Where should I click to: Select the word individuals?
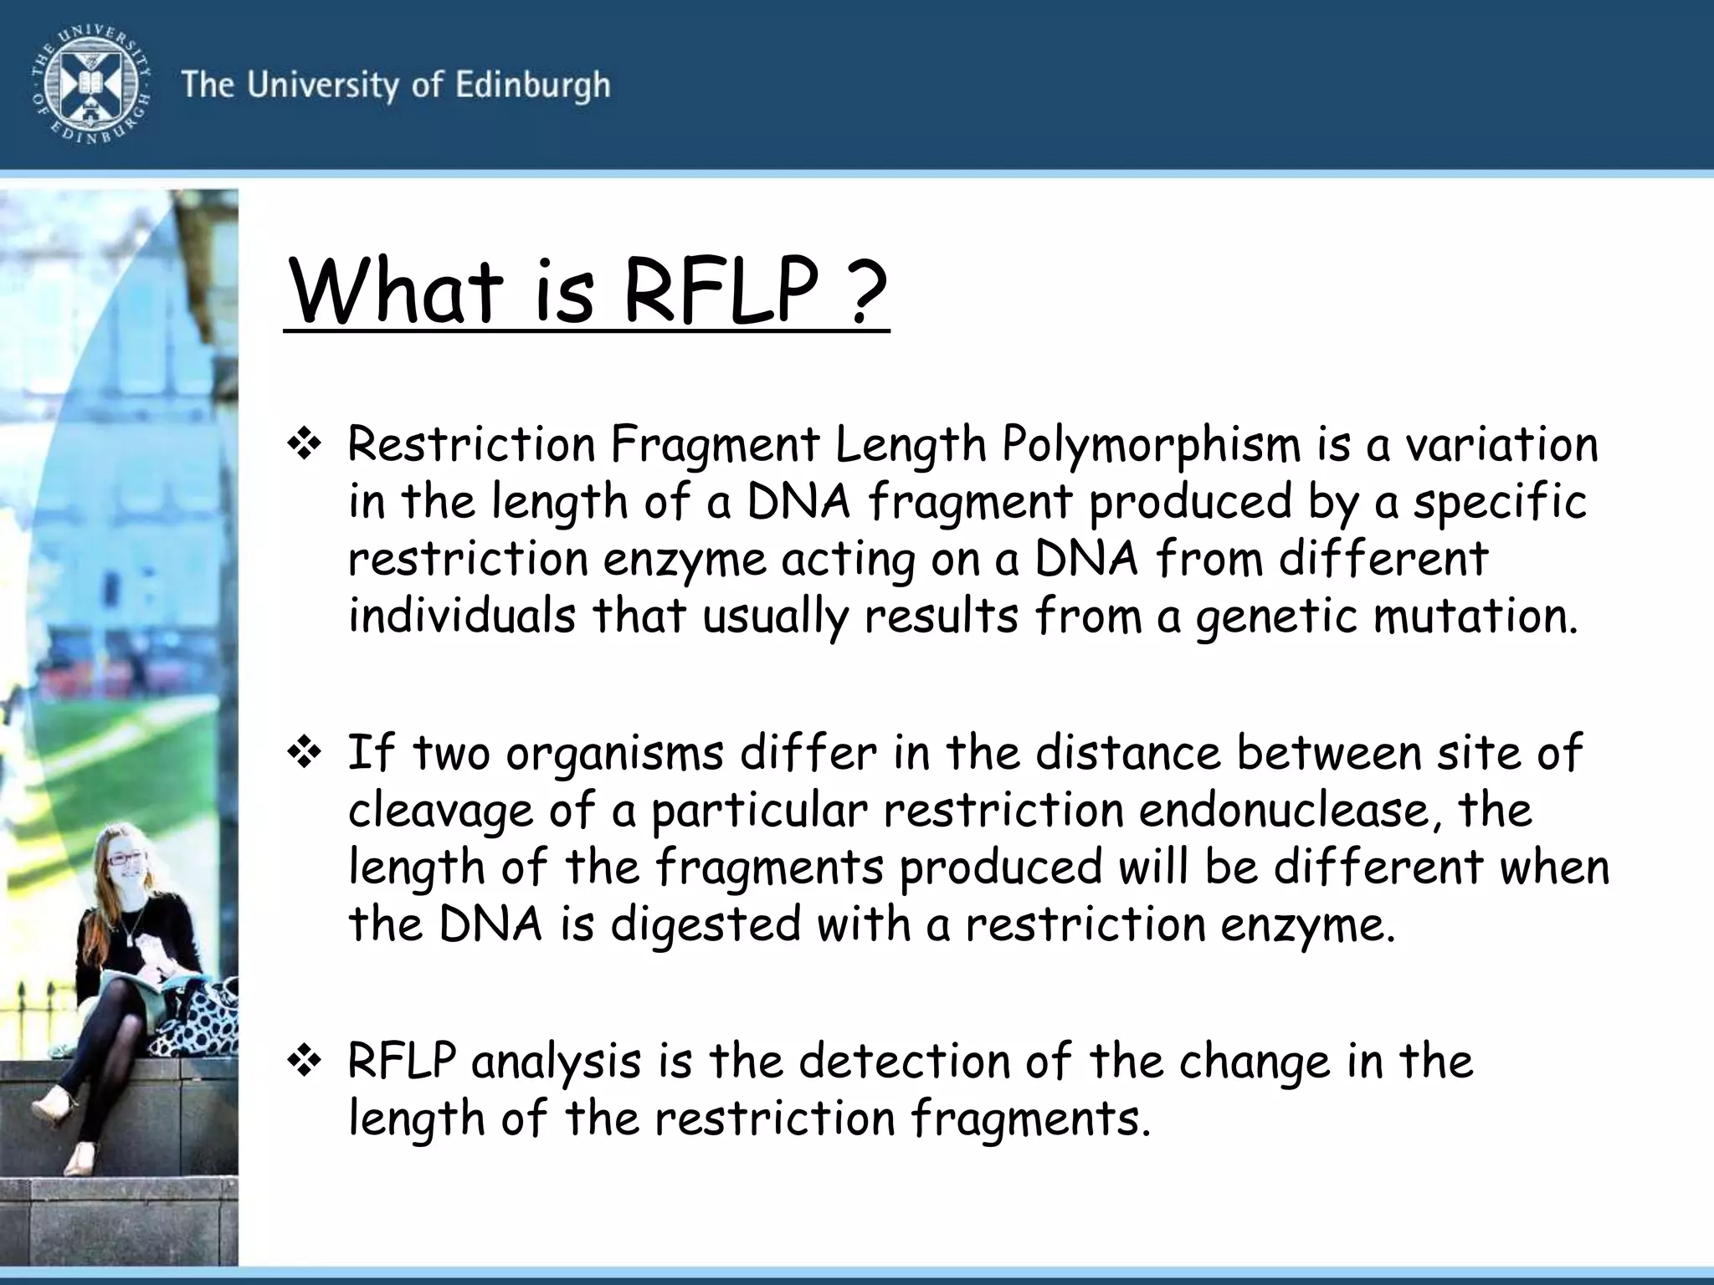462,617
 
